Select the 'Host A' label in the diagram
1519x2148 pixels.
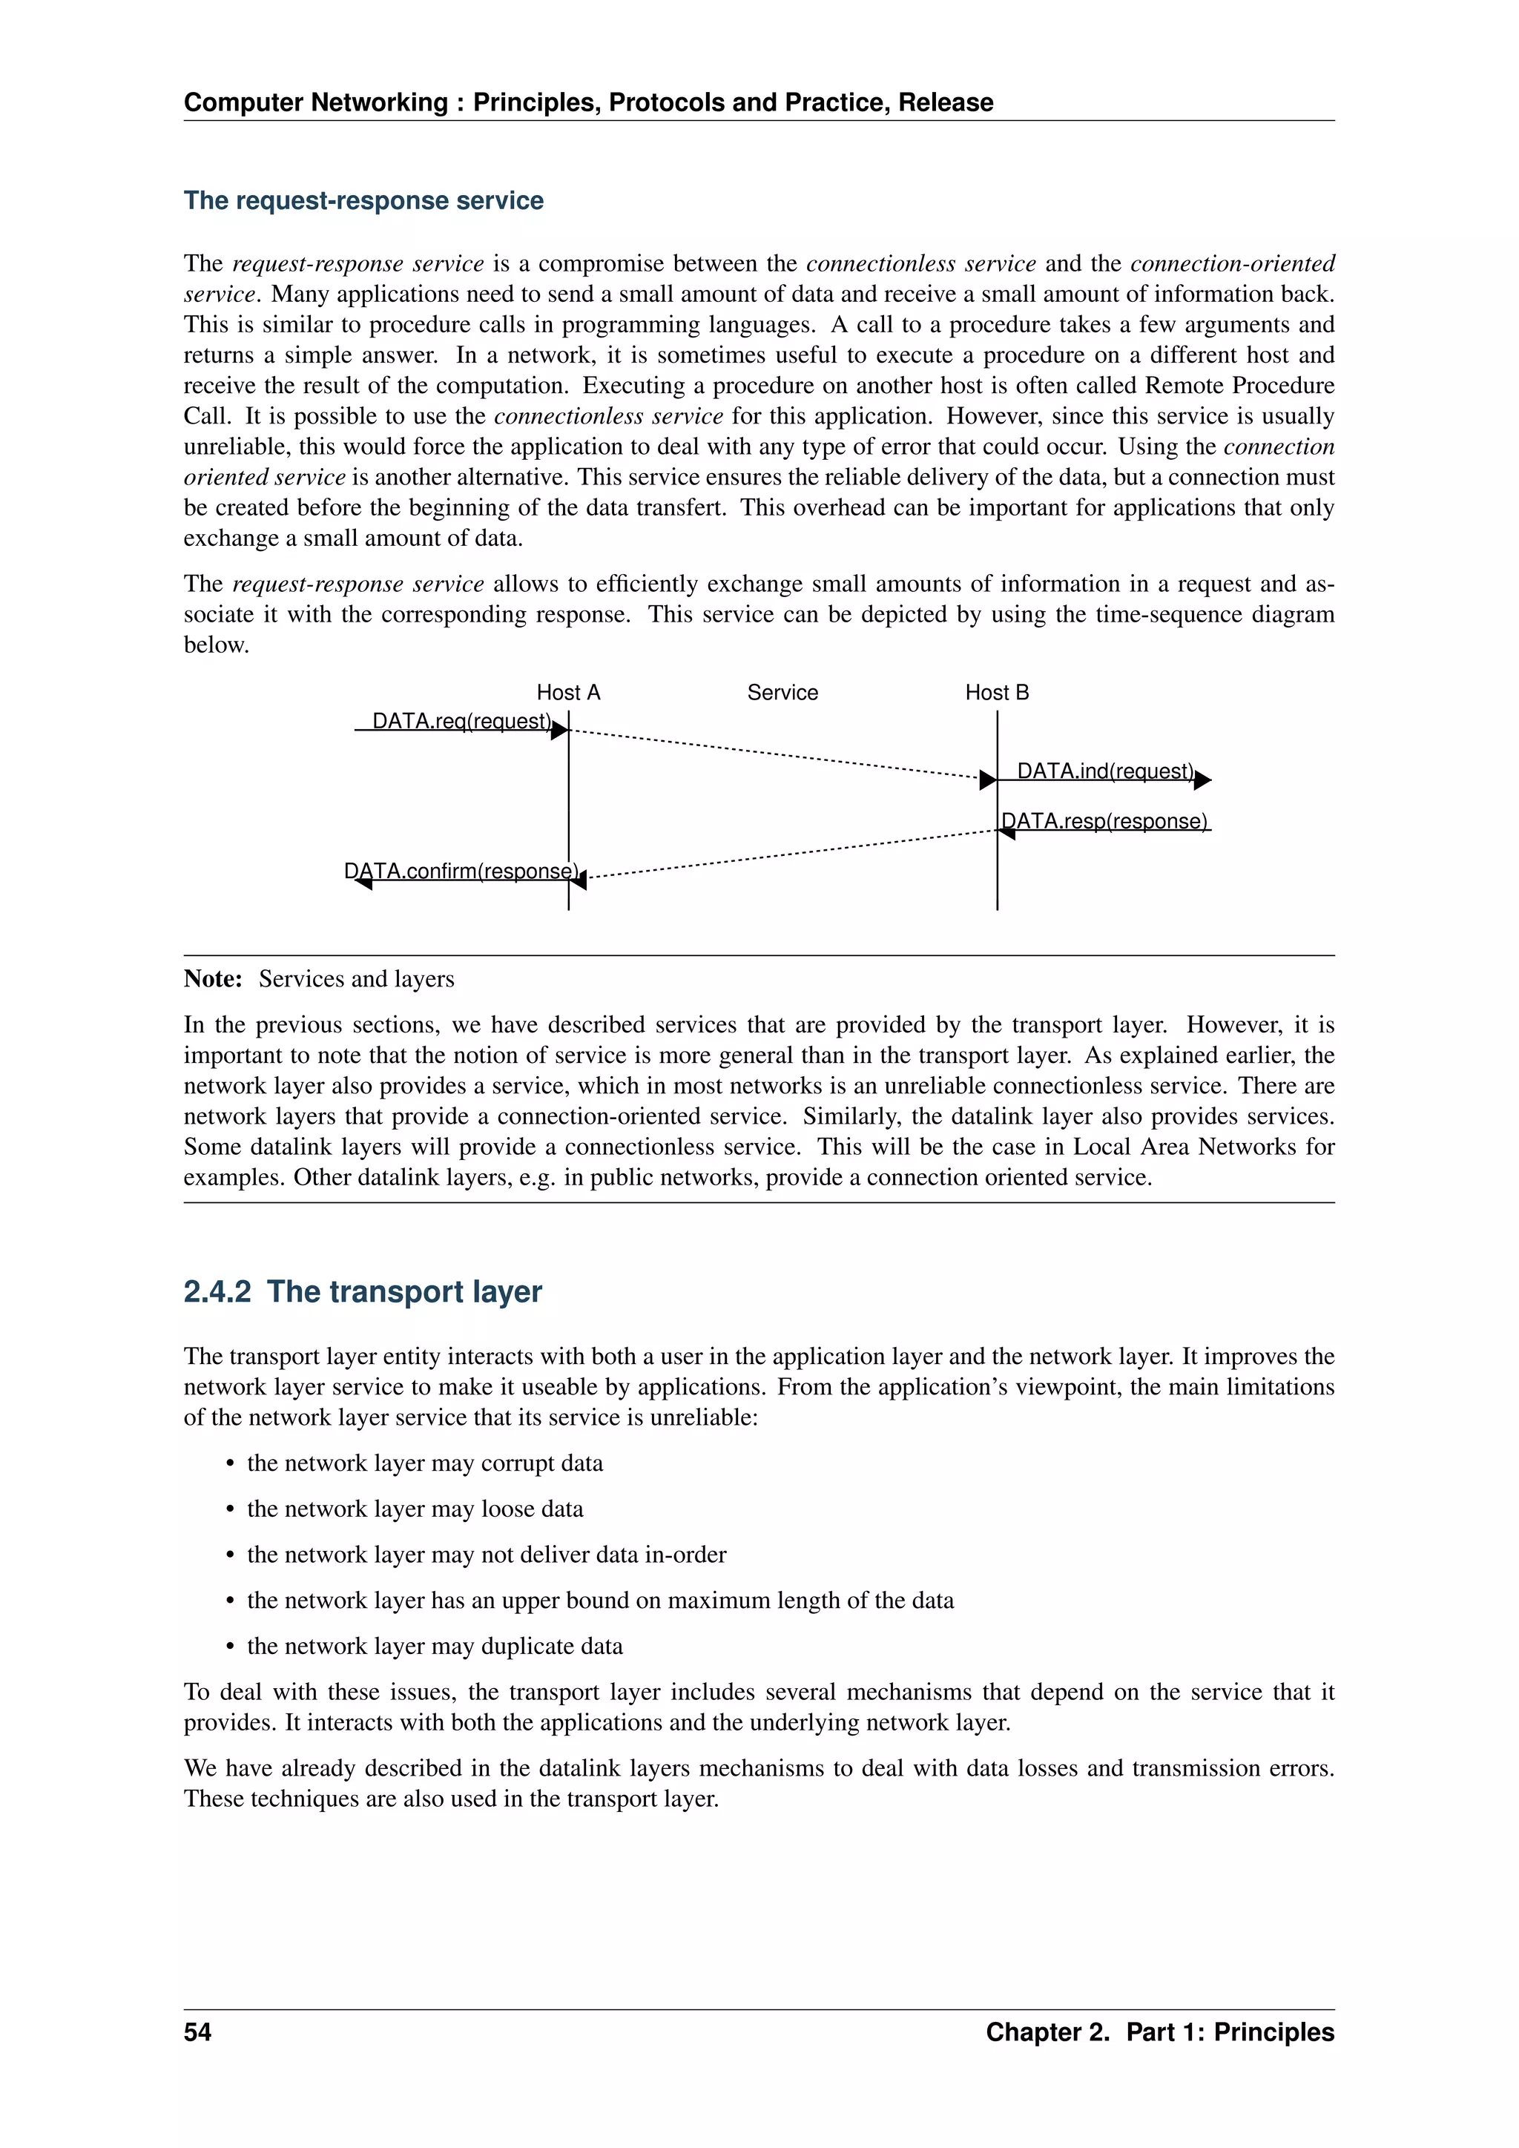point(567,692)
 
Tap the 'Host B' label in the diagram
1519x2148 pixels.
point(996,692)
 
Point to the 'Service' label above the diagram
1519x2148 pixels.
point(782,692)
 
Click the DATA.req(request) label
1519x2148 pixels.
point(462,721)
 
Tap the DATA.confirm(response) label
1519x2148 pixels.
point(462,871)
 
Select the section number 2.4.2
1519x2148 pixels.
point(217,1292)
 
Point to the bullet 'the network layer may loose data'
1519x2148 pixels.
point(415,1509)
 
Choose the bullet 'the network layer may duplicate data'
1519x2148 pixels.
point(435,1647)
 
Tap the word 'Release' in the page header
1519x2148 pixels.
point(946,103)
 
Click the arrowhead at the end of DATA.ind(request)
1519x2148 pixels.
point(1203,780)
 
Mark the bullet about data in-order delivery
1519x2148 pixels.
point(487,1555)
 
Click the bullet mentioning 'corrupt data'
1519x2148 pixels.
point(425,1463)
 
